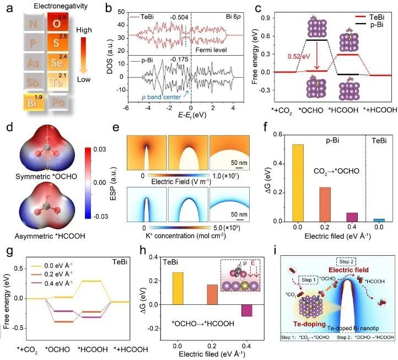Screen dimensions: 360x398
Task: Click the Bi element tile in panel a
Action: click(26, 103)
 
